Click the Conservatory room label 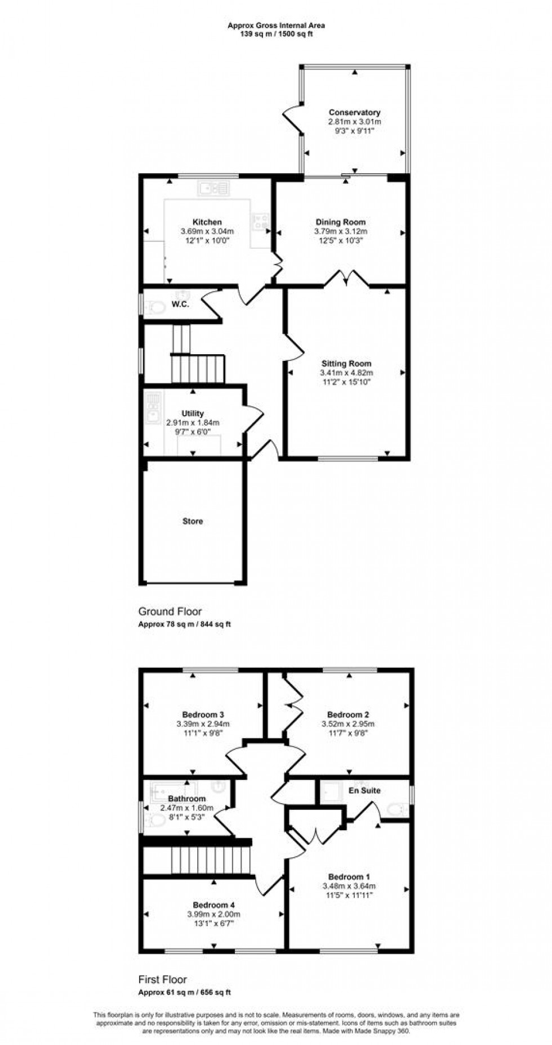354,113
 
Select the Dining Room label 340,222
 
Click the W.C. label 180,305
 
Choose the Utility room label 193,413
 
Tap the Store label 193,521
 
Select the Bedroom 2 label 348,715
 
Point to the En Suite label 364,791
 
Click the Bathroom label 186,799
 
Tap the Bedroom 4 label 213,905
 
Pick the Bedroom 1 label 349,877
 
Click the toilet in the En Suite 398,810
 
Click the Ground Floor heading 170,611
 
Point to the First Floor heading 163,980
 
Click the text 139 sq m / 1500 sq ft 276,34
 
